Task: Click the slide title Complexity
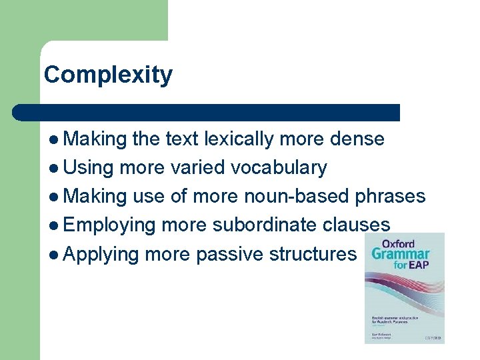click(x=108, y=75)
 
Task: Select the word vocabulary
click(x=279, y=167)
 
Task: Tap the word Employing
click(x=110, y=225)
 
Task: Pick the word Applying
click(x=102, y=253)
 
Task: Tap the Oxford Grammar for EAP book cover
click(x=404, y=288)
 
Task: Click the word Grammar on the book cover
click(x=401, y=255)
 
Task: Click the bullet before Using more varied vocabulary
click(x=53, y=167)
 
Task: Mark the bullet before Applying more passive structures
click(x=53, y=253)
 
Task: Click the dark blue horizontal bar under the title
click(x=207, y=112)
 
